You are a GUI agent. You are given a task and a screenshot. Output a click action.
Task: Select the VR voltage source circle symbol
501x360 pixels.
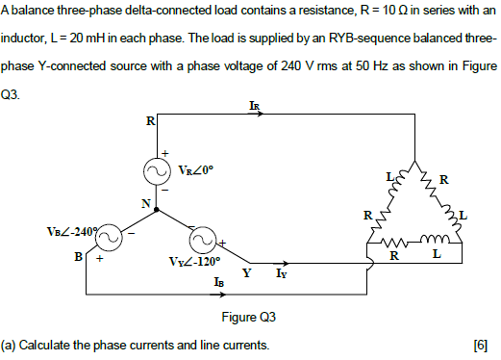click(x=157, y=171)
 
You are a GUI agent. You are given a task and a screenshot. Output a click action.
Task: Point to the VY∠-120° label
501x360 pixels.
click(x=197, y=261)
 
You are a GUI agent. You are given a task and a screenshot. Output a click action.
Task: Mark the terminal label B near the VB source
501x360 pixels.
click(x=78, y=257)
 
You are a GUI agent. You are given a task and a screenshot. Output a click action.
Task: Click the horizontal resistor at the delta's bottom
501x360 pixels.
click(x=396, y=244)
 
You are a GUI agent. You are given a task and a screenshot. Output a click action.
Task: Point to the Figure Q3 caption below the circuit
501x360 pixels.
click(x=250, y=320)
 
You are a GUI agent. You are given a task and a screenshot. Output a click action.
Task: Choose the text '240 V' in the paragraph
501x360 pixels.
click(x=280, y=73)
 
